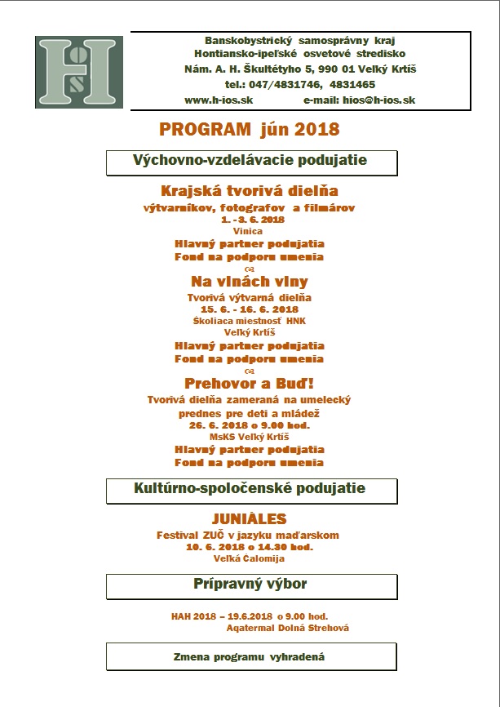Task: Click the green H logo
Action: tap(79, 73)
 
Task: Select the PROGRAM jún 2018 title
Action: tap(249, 129)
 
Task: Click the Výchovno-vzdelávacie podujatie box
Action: tap(251, 162)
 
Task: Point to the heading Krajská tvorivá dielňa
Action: tap(250, 192)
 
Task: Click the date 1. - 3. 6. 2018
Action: tap(252, 220)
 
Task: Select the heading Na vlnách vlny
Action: tap(250, 282)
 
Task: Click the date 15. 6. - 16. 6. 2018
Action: tap(250, 309)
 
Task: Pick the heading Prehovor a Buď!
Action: tap(249, 382)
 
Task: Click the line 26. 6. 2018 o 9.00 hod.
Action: tap(250, 425)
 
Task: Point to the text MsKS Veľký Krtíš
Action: tap(249, 437)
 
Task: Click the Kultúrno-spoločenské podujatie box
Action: tap(250, 490)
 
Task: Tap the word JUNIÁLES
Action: tap(249, 519)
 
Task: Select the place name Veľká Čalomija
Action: tap(249, 559)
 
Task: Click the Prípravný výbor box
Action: tap(250, 585)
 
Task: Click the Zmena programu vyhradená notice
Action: tap(250, 656)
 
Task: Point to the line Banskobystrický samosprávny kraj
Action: tap(300, 40)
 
